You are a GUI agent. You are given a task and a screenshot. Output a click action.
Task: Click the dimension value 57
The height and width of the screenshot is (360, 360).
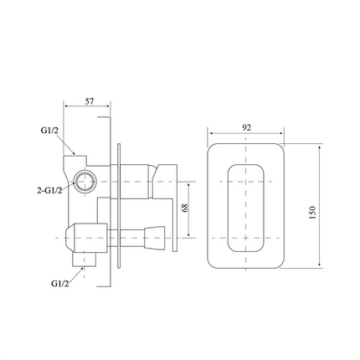coord(89,100)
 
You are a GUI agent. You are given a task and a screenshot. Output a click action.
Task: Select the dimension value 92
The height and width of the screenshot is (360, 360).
coord(246,128)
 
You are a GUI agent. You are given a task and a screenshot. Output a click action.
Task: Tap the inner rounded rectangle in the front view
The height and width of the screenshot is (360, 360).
coord(246,207)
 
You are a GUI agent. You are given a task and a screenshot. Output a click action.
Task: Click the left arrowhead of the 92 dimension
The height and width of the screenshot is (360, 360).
coord(209,134)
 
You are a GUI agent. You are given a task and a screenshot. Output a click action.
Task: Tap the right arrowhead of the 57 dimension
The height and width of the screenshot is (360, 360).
coord(111,107)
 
